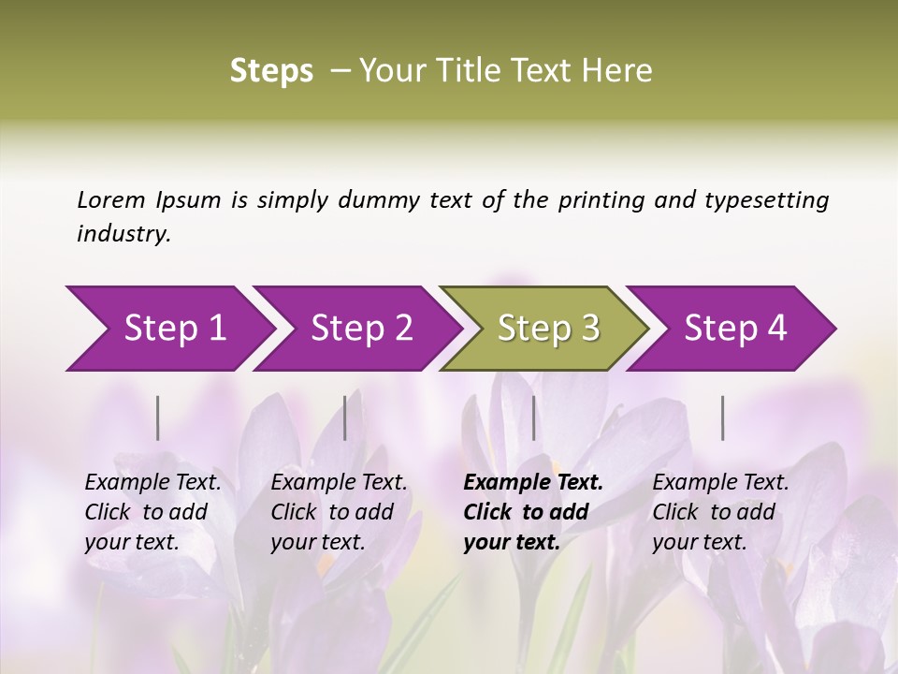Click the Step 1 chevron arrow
[168, 329]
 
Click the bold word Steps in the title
[271, 71]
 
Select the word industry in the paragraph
[123, 234]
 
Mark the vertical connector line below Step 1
[158, 418]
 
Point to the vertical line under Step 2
[345, 418]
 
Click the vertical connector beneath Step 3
[533, 418]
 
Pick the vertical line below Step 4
[722, 418]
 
